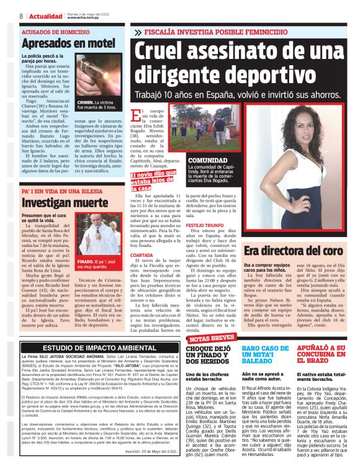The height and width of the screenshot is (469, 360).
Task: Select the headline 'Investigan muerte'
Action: point(56,202)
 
